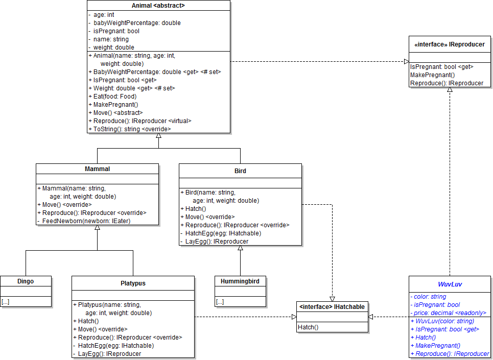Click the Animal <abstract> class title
(158, 6)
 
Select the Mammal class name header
(97, 169)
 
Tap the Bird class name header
(240, 171)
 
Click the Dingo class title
(26, 281)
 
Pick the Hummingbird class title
(240, 281)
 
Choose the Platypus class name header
(133, 283)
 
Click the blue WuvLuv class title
(450, 283)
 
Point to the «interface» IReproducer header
(450, 44)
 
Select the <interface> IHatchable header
(332, 306)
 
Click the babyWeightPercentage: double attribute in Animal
(137, 23)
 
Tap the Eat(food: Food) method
(115, 97)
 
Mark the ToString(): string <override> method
(132, 129)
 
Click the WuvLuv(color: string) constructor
(444, 321)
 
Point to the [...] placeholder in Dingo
(6, 302)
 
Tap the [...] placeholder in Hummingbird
(220, 302)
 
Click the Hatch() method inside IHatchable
(308, 327)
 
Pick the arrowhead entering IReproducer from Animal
(406, 62)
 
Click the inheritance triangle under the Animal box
(158, 136)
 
